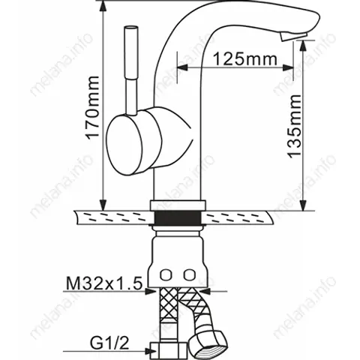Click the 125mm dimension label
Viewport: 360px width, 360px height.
click(x=244, y=59)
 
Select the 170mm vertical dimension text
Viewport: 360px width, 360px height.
click(x=92, y=107)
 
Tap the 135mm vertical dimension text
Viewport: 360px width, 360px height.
click(x=294, y=127)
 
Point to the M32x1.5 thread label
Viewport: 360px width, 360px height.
click(x=104, y=283)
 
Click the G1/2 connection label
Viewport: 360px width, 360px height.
click(x=109, y=343)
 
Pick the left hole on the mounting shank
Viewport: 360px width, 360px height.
click(x=166, y=275)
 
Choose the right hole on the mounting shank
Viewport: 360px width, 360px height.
click(x=189, y=275)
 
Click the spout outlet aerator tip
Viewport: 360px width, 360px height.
click(x=293, y=37)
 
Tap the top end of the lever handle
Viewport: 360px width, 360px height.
click(x=131, y=28)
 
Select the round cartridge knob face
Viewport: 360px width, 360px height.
click(x=124, y=145)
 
